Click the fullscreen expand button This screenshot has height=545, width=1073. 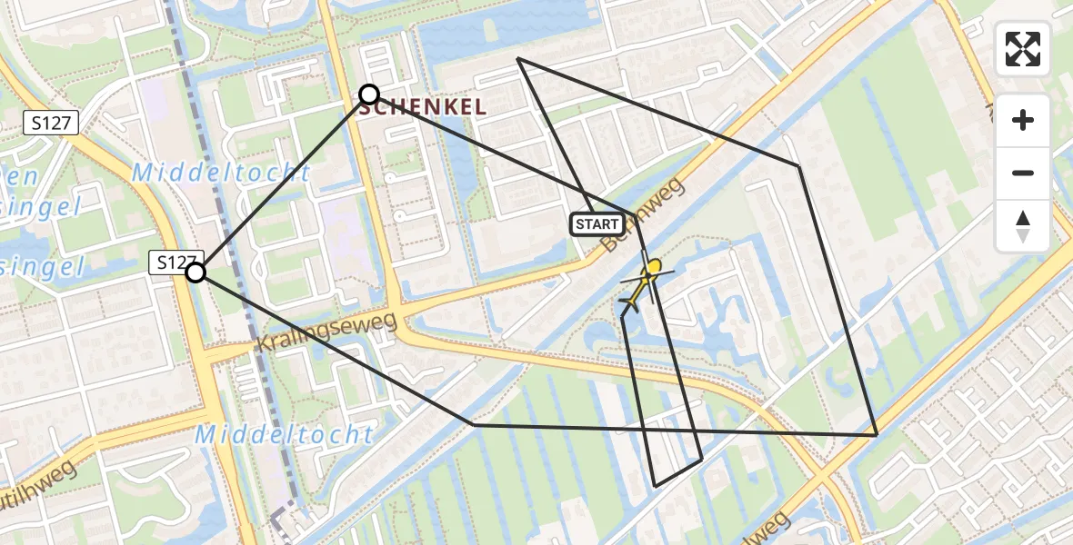1023,49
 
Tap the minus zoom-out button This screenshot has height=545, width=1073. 1023,173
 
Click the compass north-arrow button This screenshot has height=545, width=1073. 1023,226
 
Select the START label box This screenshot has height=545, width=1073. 597,223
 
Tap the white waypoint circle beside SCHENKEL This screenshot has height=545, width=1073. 369,94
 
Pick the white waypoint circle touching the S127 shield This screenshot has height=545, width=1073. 196,272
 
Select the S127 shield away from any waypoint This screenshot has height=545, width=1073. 52,124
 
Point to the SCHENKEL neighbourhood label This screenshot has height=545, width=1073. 423,107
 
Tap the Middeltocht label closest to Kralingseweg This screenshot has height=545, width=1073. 284,434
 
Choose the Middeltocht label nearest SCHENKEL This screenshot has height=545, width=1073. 221,173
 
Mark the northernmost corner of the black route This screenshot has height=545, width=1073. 517,58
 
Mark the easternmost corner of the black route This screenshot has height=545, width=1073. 876,435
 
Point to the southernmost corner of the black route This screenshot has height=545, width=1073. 656,486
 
